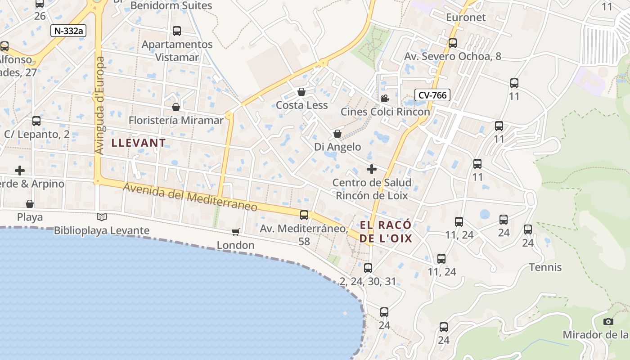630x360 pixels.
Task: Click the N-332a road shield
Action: pos(68,31)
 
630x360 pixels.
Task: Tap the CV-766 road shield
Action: pos(432,95)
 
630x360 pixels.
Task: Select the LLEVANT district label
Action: pos(139,143)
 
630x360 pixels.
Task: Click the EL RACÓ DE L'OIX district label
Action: pos(386,232)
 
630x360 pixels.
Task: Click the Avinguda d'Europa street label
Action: pos(100,105)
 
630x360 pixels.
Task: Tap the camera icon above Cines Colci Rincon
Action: pos(385,98)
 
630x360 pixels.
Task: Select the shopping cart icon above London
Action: pos(235,232)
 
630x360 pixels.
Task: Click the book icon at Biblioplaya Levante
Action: pos(102,217)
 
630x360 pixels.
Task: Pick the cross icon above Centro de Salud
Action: pos(371,169)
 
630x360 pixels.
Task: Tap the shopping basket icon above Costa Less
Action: pos(301,92)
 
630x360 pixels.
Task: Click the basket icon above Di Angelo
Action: pos(337,134)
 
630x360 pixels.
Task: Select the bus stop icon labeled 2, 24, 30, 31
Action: pos(368,268)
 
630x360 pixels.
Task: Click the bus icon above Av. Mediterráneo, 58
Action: pos(304,215)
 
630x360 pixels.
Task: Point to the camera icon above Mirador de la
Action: pos(608,321)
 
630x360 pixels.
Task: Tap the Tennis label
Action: pos(545,267)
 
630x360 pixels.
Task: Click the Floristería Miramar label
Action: pos(176,120)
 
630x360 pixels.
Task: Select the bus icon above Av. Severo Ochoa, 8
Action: pos(453,43)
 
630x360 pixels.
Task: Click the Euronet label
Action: pos(466,18)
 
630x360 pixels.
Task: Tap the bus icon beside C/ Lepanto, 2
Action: pos(36,121)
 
